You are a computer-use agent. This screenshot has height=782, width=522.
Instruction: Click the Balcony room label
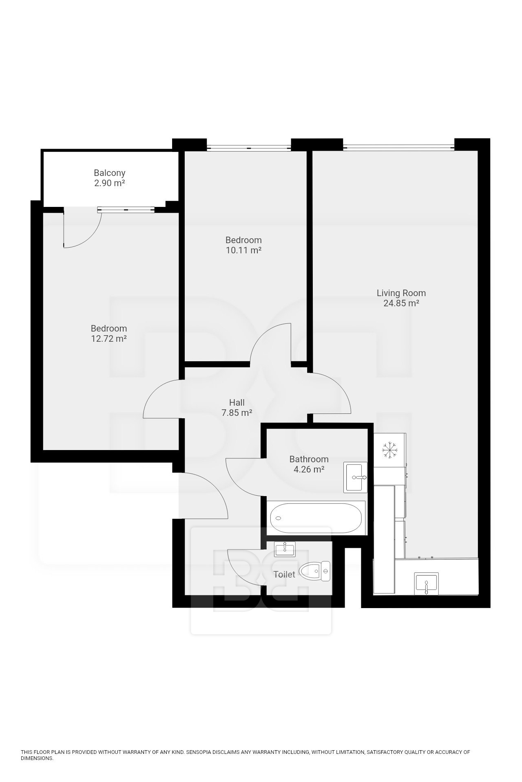pyautogui.click(x=109, y=173)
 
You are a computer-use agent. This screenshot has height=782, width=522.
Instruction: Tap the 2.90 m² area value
pyautogui.click(x=109, y=183)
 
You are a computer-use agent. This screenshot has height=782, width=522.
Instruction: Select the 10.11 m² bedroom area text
pyautogui.click(x=243, y=250)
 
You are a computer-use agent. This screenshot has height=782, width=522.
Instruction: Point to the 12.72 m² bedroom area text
pyautogui.click(x=108, y=338)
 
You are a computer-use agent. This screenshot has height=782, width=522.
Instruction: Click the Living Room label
pyautogui.click(x=401, y=293)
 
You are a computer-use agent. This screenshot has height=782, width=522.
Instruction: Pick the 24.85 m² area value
pyautogui.click(x=401, y=303)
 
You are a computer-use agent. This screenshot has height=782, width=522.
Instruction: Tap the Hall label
pyautogui.click(x=237, y=402)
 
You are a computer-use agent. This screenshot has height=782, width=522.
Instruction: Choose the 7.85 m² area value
pyautogui.click(x=237, y=413)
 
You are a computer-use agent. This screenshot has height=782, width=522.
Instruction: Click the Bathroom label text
pyautogui.click(x=309, y=459)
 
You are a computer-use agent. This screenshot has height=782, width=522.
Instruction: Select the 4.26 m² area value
pyautogui.click(x=309, y=469)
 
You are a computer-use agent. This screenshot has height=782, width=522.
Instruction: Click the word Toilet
pyautogui.click(x=284, y=574)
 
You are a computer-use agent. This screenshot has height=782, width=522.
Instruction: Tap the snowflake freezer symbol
pyautogui.click(x=389, y=450)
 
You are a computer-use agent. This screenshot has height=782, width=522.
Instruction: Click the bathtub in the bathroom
pyautogui.click(x=316, y=518)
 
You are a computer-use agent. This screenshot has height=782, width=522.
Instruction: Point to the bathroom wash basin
pyautogui.click(x=355, y=477)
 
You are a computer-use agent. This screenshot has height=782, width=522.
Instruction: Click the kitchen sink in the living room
pyautogui.click(x=426, y=583)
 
